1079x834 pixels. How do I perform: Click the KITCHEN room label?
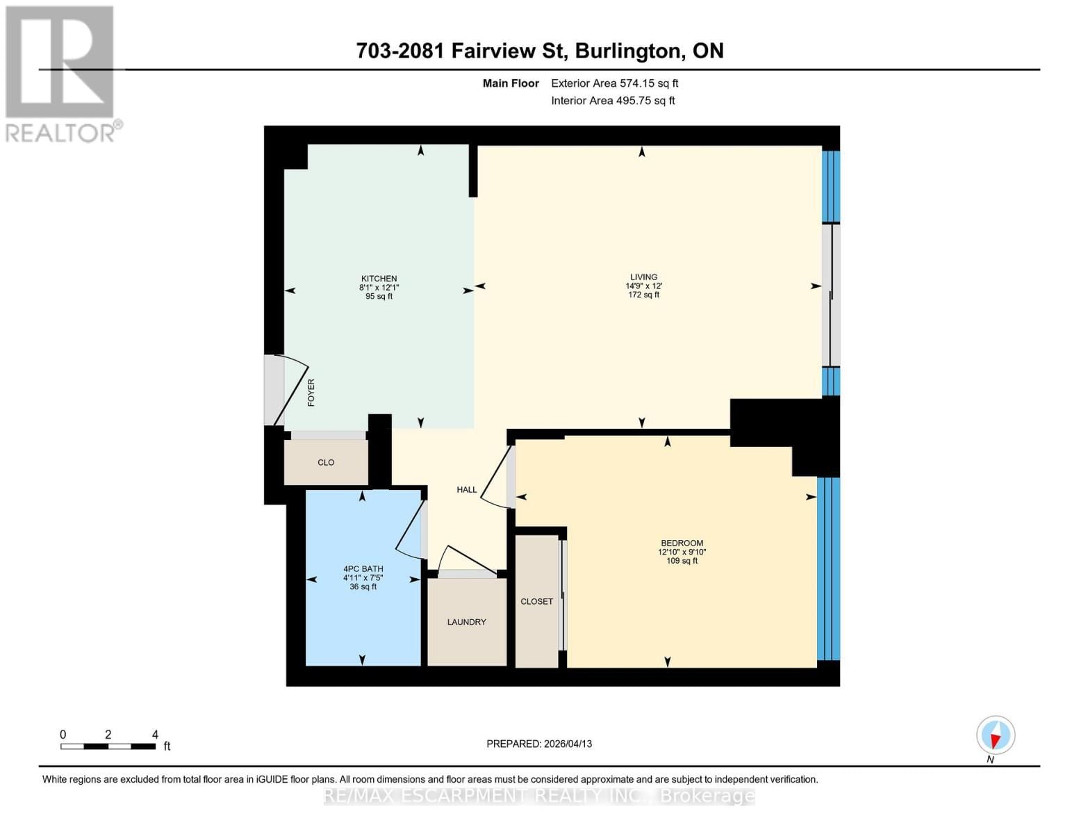tap(379, 279)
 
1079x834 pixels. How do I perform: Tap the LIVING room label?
tap(643, 277)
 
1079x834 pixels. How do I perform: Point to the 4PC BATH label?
tap(363, 569)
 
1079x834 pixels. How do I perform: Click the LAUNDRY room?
tap(466, 622)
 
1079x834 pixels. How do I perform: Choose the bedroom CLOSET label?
tap(536, 601)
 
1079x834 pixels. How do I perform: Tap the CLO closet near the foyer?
tap(326, 463)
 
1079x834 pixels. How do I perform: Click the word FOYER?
tap(311, 393)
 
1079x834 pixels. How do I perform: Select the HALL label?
tap(467, 490)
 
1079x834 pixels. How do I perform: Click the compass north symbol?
tap(996, 735)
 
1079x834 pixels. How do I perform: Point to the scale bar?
tap(108, 746)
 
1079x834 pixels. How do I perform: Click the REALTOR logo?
tap(60, 73)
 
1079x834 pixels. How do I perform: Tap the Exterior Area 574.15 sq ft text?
tap(614, 83)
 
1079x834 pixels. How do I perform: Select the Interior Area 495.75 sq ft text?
tap(613, 101)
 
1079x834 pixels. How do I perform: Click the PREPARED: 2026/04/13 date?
tap(539, 744)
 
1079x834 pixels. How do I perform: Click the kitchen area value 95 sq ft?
tap(379, 297)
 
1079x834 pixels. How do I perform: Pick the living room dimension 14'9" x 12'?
tap(643, 286)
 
